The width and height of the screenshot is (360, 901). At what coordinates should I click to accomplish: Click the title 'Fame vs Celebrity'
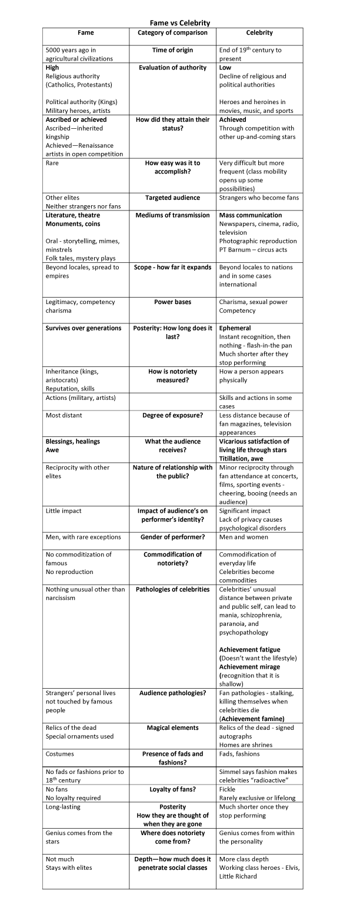click(x=179, y=23)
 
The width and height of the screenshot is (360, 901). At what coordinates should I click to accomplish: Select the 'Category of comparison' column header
click(x=172, y=33)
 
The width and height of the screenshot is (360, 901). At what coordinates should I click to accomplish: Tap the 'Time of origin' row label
click(x=172, y=51)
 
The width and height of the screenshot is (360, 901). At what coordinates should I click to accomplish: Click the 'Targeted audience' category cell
click(x=172, y=198)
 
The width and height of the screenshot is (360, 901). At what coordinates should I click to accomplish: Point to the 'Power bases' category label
click(x=172, y=302)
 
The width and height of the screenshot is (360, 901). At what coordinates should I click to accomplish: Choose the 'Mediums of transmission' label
click(x=172, y=215)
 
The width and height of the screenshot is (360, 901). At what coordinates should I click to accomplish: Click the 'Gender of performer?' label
click(x=172, y=537)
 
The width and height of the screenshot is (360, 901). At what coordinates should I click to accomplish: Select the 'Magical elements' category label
click(x=172, y=728)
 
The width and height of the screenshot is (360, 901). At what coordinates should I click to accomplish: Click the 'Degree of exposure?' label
click(x=172, y=415)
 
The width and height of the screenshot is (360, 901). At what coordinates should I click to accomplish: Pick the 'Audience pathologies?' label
click(x=172, y=693)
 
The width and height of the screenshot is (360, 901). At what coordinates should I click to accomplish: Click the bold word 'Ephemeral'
click(x=235, y=328)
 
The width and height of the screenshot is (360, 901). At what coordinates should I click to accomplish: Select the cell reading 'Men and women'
click(x=243, y=537)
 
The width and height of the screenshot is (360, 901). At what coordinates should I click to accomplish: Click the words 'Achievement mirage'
click(x=249, y=667)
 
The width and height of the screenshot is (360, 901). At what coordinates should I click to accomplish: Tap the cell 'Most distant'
click(x=64, y=415)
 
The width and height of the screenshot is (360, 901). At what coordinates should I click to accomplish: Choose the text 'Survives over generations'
click(x=84, y=328)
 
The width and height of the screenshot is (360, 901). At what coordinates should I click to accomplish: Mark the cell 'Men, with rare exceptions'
click(x=83, y=537)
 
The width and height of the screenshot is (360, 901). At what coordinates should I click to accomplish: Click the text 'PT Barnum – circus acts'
click(x=254, y=249)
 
